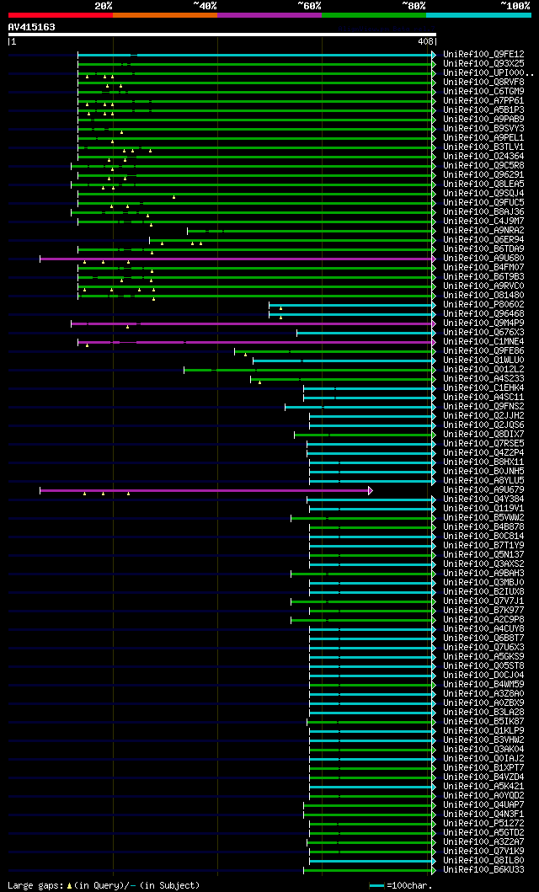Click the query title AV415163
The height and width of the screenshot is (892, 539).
pyautogui.click(x=32, y=27)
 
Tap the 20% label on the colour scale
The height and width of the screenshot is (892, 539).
pyautogui.click(x=104, y=5)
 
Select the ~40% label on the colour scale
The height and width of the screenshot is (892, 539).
pyautogui.click(x=205, y=5)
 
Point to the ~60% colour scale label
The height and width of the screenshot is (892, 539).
pyautogui.click(x=309, y=5)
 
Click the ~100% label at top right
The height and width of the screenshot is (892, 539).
pyautogui.click(x=515, y=5)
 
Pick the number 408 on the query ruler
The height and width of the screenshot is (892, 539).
pyautogui.click(x=424, y=41)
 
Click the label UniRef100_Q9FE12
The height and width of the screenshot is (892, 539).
pyautogui.click(x=483, y=54)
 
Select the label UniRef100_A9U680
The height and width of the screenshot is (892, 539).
pyautogui.click(x=483, y=258)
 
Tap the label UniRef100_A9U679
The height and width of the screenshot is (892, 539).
pyautogui.click(x=483, y=489)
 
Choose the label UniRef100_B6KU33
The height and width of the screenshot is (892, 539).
pyautogui.click(x=483, y=869)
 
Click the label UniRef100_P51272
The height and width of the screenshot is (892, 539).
pyautogui.click(x=483, y=823)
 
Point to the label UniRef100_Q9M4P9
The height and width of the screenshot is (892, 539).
pyautogui.click(x=483, y=323)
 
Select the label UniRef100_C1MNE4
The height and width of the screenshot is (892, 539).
pyautogui.click(x=483, y=341)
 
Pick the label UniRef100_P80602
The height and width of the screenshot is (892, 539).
pyautogui.click(x=483, y=304)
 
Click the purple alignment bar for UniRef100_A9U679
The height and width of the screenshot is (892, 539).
pyautogui.click(x=202, y=489)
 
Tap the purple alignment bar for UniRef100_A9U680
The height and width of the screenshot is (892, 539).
pyautogui.click(x=236, y=258)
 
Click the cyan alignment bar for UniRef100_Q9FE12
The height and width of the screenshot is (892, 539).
pyautogui.click(x=286, y=54)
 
